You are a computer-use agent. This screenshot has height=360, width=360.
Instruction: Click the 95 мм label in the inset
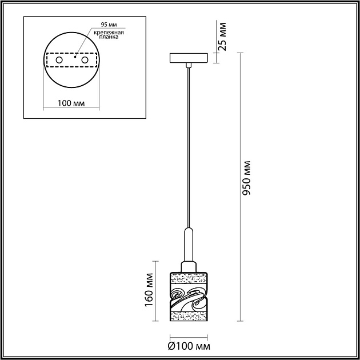[109, 25]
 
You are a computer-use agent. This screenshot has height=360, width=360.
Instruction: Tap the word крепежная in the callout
[109, 33]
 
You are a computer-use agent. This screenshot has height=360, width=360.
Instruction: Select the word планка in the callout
[109, 37]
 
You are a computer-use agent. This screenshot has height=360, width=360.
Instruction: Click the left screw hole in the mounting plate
[59, 60]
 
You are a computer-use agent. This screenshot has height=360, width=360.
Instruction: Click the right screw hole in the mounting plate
[85, 60]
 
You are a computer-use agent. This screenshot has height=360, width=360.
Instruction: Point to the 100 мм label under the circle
[71, 103]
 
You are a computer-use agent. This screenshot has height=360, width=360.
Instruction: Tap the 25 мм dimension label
[222, 36]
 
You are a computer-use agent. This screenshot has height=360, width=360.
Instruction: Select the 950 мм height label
[246, 178]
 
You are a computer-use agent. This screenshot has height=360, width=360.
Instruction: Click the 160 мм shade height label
[149, 290]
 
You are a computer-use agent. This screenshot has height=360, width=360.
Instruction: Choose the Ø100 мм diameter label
[189, 346]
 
